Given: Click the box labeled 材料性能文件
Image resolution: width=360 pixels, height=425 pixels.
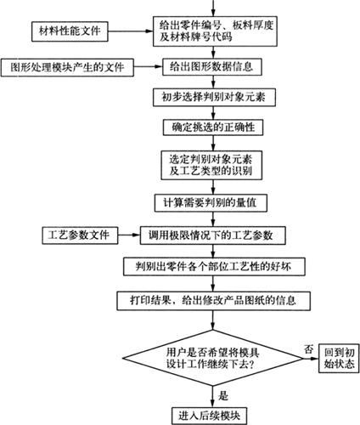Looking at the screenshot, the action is point(70,31).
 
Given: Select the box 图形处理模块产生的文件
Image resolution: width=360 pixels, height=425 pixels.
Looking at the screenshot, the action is point(67,67).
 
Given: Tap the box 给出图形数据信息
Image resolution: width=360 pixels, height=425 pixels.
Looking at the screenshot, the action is point(211,67).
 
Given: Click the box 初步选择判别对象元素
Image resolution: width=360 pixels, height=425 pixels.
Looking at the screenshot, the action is point(214,97).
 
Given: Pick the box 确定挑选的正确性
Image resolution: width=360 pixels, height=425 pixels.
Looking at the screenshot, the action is point(213,127).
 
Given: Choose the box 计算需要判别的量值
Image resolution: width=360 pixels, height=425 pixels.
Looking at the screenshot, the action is point(211,202).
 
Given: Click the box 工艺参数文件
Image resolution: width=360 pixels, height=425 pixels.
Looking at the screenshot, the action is point(80,235).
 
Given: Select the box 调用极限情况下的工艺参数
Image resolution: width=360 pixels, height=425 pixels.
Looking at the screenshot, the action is point(212,235).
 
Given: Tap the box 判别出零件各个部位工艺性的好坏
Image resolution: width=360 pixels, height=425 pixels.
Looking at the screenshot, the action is point(214,267).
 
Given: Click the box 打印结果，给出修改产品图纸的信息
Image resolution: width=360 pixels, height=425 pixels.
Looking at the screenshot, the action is point(213,301).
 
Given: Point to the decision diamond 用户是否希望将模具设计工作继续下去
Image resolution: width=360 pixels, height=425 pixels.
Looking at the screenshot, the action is point(212,358).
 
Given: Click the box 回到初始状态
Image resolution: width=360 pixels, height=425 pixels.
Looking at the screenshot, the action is point(339,358).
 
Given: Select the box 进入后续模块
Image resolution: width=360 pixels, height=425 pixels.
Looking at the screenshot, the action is point(209,416).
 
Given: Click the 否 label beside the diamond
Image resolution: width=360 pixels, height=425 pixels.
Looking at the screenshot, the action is point(309,348).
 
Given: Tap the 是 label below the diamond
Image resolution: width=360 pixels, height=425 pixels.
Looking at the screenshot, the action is point(223,395).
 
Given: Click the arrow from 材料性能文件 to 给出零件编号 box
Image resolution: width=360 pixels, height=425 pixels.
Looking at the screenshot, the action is point(131,31).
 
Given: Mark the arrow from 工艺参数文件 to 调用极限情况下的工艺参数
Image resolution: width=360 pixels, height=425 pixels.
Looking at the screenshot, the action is point(129,235).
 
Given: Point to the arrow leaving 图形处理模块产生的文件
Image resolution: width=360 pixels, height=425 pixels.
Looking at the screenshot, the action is point(148,67).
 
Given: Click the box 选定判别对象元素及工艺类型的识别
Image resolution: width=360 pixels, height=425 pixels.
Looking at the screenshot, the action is point(211,165).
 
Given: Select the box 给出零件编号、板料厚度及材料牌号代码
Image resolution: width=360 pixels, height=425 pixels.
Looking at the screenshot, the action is point(215,31).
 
